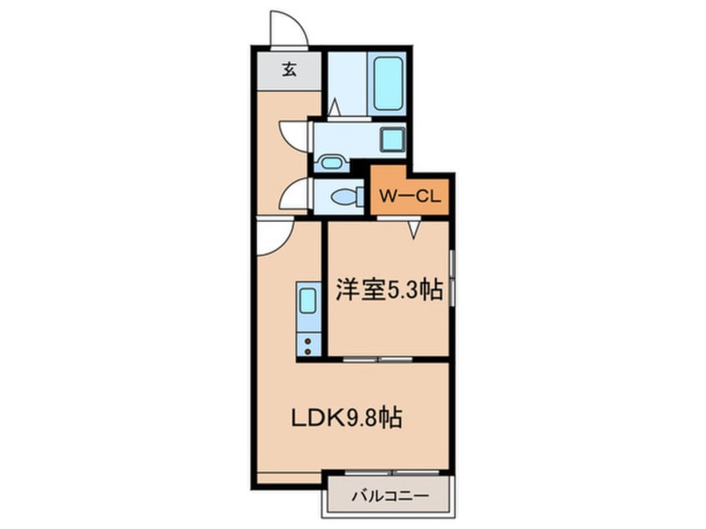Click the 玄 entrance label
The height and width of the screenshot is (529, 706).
[289, 70]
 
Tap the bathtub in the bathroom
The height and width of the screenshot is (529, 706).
[388, 83]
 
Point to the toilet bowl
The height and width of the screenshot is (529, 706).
[343, 197]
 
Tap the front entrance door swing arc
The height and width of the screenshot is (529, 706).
[288, 29]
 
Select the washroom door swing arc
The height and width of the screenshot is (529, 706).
[294, 136]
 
